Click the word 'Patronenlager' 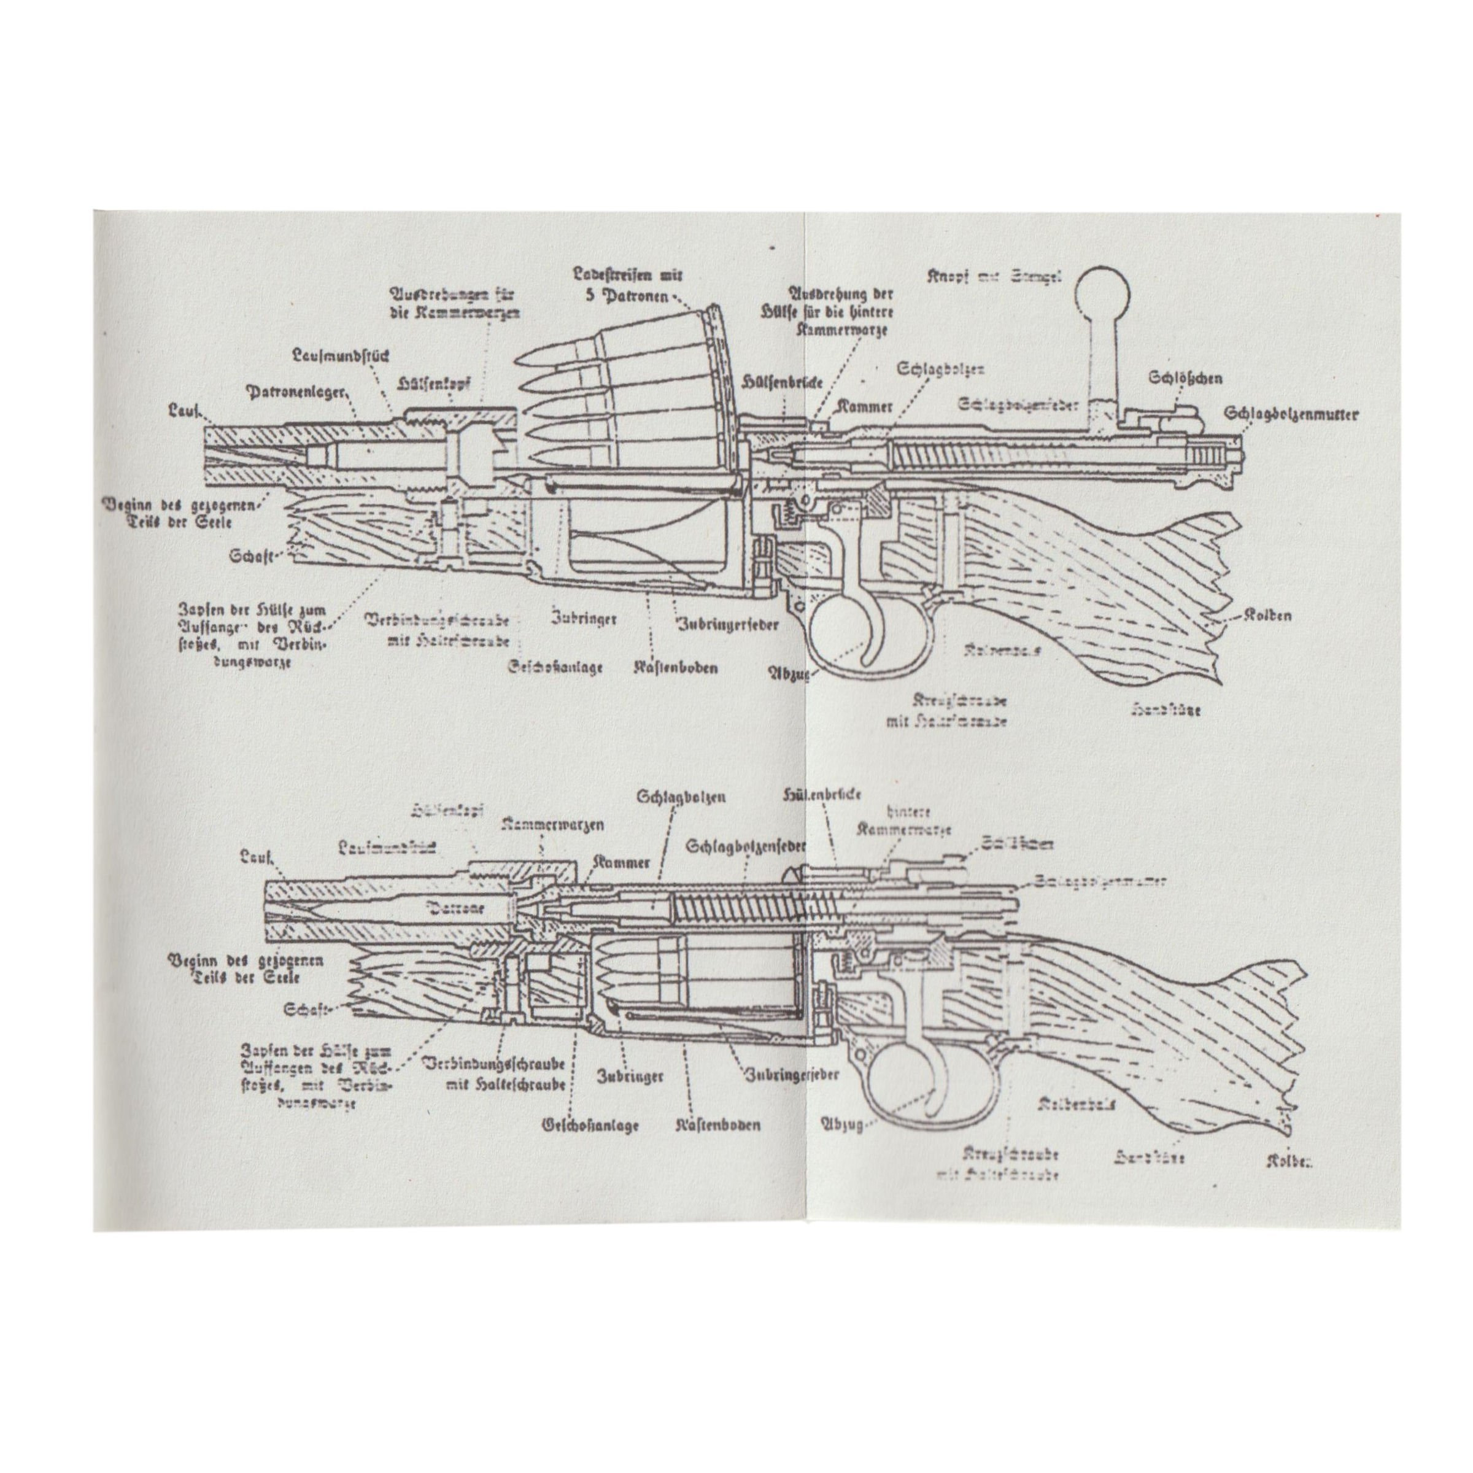296,392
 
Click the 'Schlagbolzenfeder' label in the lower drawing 746,846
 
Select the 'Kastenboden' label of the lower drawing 718,1124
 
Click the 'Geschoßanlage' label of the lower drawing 589,1124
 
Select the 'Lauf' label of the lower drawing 256,859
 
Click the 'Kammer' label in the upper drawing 865,406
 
